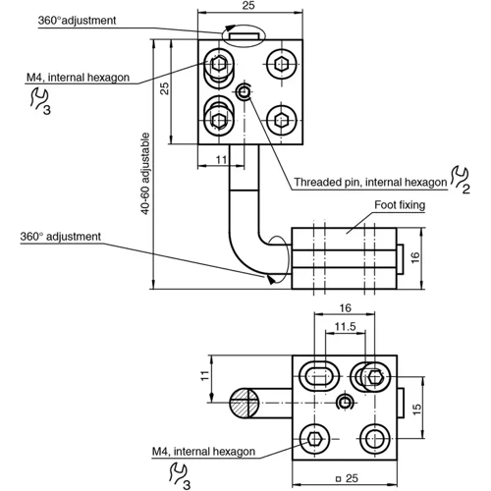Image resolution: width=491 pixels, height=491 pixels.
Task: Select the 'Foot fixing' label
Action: pyautogui.click(x=399, y=206)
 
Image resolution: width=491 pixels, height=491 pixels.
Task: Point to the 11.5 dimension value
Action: pyautogui.click(x=343, y=325)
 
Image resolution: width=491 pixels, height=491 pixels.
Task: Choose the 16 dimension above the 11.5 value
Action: pyautogui.click(x=344, y=306)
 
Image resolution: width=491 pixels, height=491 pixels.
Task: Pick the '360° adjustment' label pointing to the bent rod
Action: pyautogui.click(x=60, y=237)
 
